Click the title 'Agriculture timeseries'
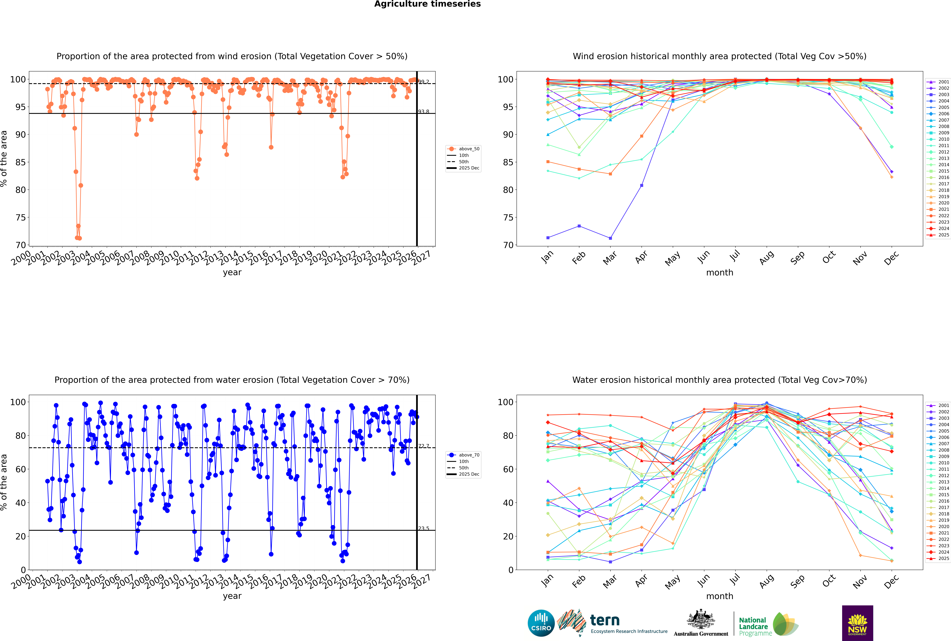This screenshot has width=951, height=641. (x=427, y=4)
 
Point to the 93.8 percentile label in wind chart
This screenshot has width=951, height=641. (x=424, y=112)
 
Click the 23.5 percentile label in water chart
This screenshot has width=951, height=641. (x=424, y=529)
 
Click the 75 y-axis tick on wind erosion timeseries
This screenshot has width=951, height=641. (x=20, y=218)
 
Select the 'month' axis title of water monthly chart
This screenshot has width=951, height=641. (x=720, y=596)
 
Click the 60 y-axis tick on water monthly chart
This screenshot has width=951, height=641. (x=507, y=469)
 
